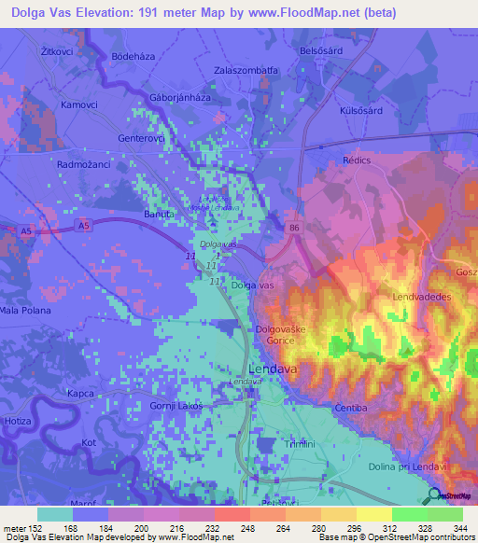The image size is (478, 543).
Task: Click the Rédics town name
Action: [x=357, y=160]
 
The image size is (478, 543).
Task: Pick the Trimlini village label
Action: [x=302, y=445]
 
